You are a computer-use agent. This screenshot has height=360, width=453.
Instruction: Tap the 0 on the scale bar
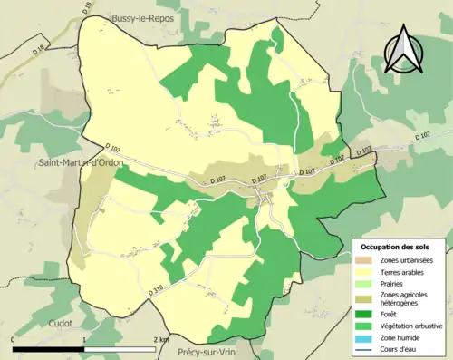pyautogui.click(x=14, y=339)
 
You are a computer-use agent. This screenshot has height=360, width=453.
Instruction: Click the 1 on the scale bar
pyautogui.click(x=84, y=339)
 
